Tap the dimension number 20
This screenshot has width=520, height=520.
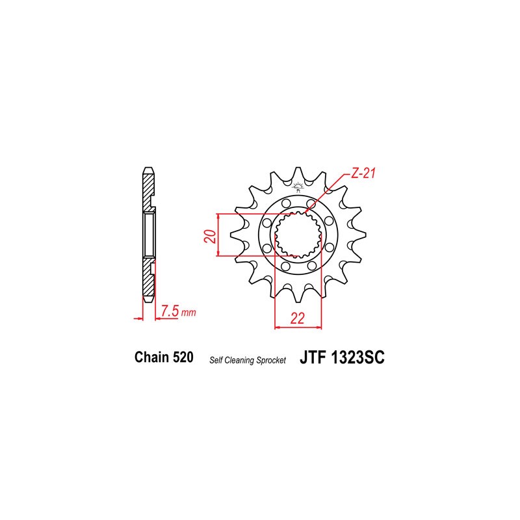pyautogui.click(x=209, y=235)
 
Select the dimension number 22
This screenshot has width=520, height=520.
pyautogui.click(x=298, y=318)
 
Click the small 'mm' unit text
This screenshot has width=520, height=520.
pyautogui.click(x=188, y=313)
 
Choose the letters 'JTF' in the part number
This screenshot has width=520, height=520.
pyautogui.click(x=315, y=357)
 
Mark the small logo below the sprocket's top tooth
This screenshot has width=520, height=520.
pyautogui.click(x=299, y=189)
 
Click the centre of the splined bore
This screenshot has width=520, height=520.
pyautogui.click(x=299, y=235)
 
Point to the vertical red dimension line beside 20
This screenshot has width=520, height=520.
pyautogui.click(x=219, y=235)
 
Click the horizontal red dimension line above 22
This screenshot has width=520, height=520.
pyautogui.click(x=299, y=327)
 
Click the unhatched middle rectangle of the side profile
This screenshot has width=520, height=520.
pyautogui.click(x=148, y=235)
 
